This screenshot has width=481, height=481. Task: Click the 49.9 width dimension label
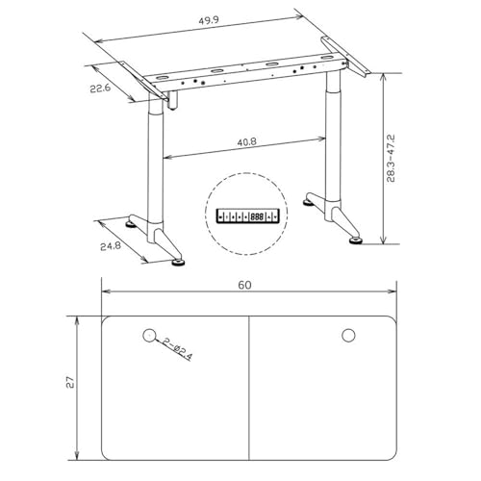[209, 20]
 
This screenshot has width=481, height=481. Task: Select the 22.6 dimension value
[100, 89]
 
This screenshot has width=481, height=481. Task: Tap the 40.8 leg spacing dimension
[246, 141]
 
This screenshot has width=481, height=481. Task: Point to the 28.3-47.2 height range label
[391, 159]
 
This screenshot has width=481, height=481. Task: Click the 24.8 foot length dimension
[111, 246]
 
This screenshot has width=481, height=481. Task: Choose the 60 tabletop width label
[244, 285]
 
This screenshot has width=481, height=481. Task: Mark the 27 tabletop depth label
[70, 382]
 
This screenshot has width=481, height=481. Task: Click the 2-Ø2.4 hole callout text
[177, 349]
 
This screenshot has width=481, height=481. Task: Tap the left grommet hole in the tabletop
[149, 336]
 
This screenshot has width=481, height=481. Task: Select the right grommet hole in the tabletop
[348, 336]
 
